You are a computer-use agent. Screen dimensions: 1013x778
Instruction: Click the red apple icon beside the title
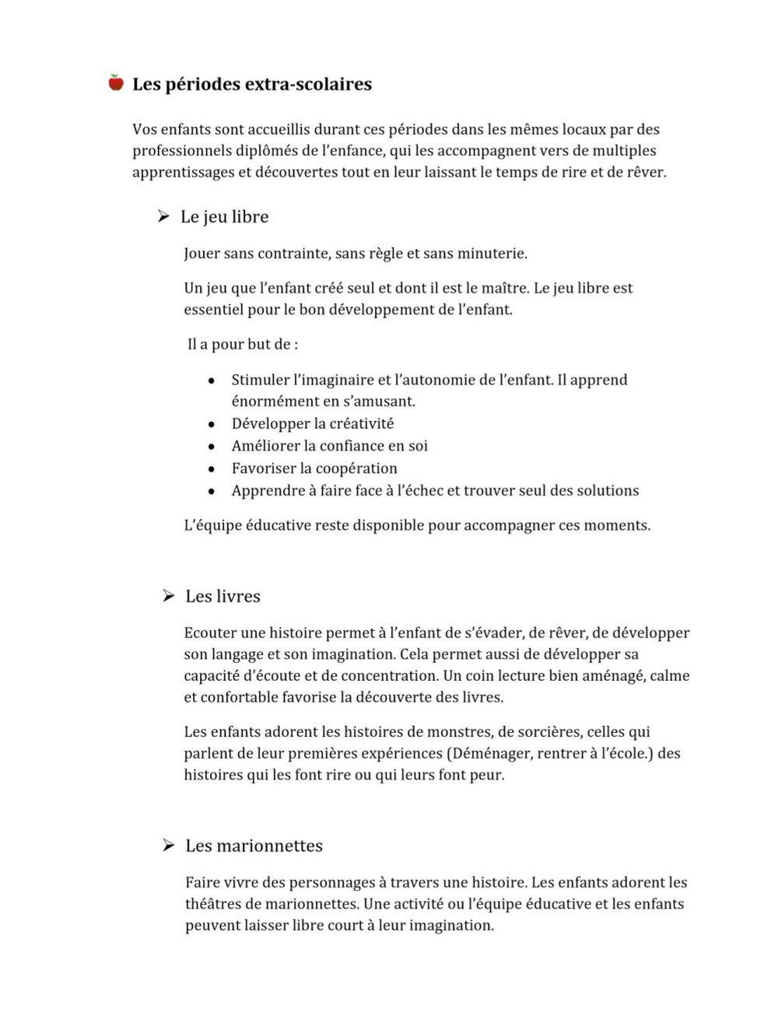pos(116,82)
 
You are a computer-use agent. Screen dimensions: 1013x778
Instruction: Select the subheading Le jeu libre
pos(224,216)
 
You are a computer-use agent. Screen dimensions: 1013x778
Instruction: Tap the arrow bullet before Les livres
pos(168,596)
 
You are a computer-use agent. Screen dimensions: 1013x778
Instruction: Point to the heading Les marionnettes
pos(254,846)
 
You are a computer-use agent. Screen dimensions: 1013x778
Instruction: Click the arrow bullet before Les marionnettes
pos(168,846)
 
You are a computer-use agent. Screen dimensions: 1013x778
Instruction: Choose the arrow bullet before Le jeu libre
pos(163,216)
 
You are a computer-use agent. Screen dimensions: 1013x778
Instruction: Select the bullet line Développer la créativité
pos(313,423)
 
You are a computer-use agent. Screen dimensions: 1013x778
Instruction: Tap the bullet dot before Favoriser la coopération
pos(211,469)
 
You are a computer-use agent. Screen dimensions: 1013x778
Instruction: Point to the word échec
pos(417,491)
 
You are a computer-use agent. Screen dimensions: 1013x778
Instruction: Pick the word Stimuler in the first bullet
pos(260,380)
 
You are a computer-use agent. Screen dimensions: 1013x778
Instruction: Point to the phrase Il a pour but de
pos(243,344)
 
